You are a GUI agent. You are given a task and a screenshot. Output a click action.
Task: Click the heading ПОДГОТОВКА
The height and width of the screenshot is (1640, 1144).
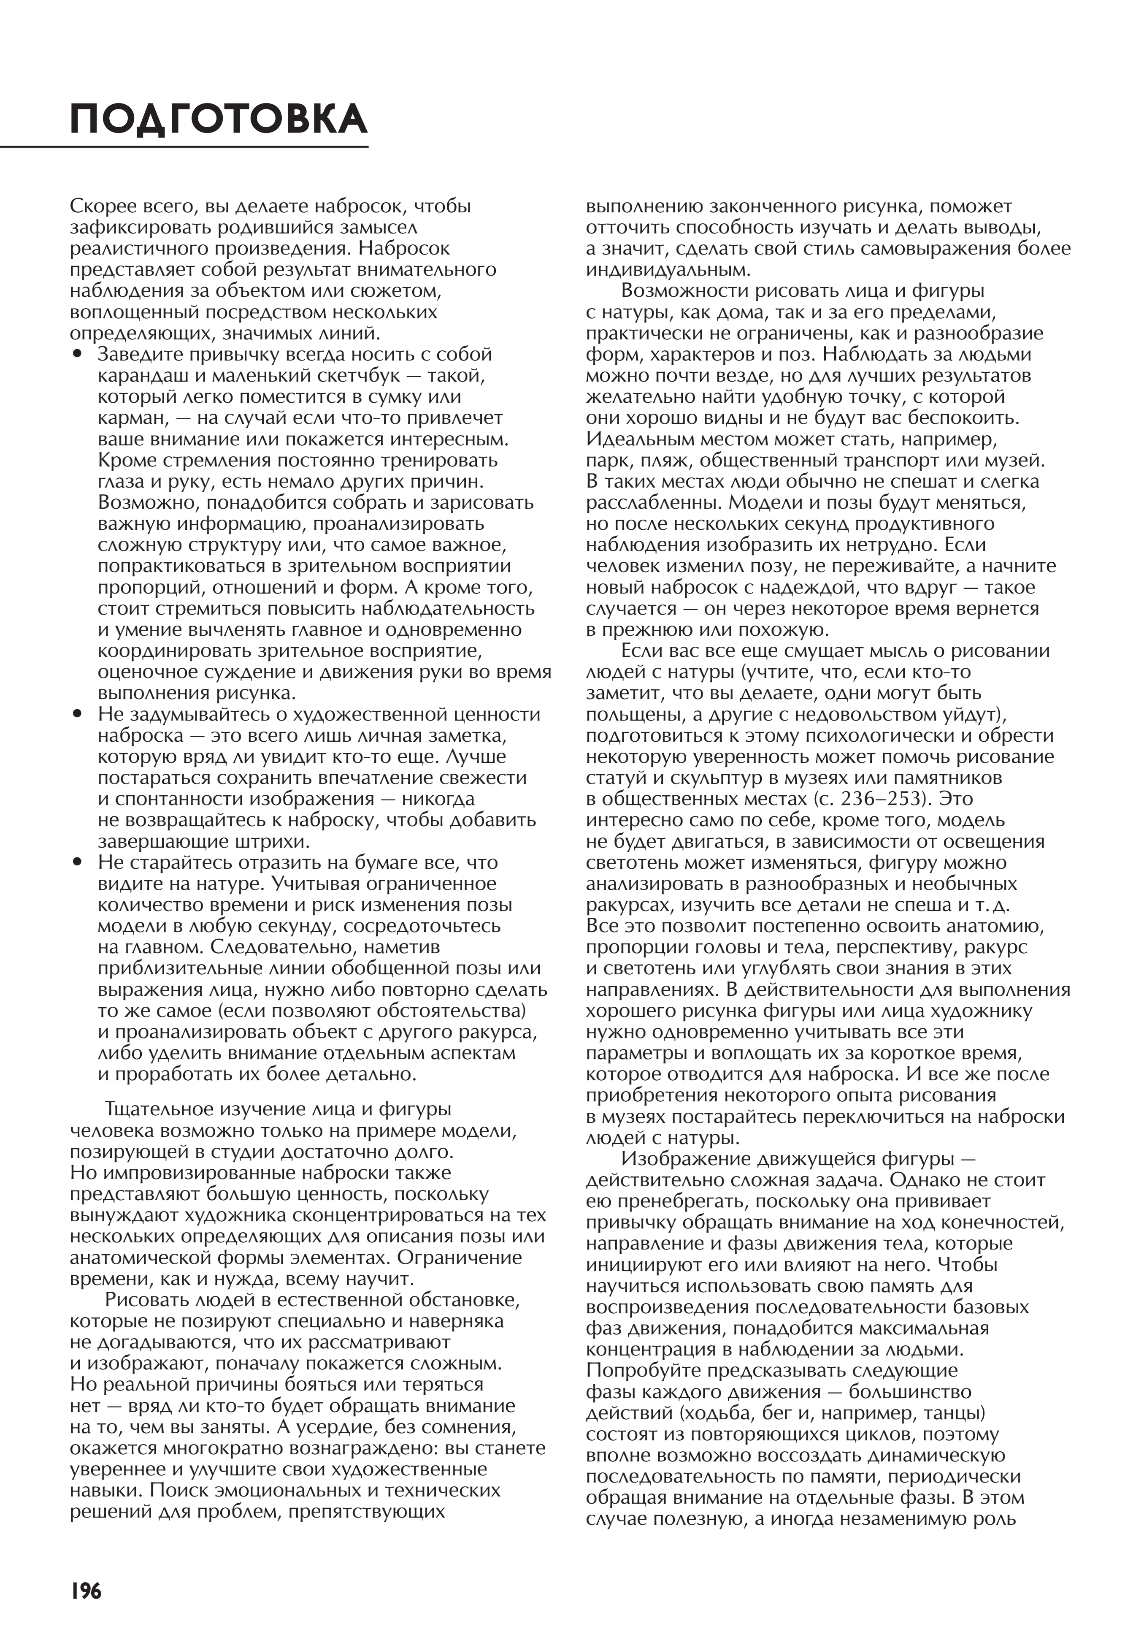(x=219, y=119)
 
